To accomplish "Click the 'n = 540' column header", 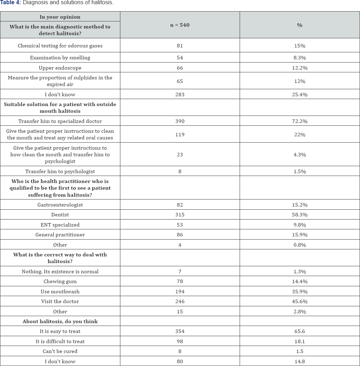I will click(180, 25).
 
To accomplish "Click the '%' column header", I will click(300, 25).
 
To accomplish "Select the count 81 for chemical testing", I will click(180, 46).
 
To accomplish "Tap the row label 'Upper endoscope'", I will click(60, 68).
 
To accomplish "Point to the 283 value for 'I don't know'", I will click(180, 94).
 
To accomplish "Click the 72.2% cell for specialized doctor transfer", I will click(300, 121).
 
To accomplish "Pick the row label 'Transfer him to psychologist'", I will click(60, 171).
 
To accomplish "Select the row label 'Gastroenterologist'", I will click(60, 205).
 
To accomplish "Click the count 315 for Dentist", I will click(180, 215).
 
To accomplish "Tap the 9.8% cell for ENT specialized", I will click(300, 225).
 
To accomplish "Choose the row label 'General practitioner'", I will click(60, 235).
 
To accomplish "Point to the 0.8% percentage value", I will click(300, 245).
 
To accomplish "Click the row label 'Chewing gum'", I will click(60, 281).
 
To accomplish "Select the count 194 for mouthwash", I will click(180, 292).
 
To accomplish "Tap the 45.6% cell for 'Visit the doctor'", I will click(300, 301).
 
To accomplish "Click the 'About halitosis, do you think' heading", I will click(60, 321).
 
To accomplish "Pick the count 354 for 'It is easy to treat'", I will click(180, 331).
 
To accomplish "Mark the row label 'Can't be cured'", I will click(60, 351).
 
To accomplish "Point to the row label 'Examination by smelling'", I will click(60, 58).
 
